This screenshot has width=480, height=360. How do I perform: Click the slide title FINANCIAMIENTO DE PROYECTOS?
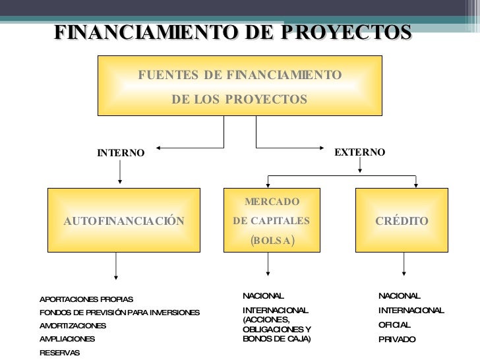232,32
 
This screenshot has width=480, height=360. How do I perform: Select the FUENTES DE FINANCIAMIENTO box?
239,86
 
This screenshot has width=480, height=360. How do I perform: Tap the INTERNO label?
121,153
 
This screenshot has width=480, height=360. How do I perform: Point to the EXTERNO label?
359,152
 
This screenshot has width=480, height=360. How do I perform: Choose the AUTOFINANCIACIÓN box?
124,221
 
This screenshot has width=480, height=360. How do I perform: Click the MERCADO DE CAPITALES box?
272,220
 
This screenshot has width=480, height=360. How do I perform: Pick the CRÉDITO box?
402,221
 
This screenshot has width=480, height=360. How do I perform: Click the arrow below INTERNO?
119,172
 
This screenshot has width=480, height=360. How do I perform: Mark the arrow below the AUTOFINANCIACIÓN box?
116,265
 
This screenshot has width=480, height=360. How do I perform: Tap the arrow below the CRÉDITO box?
404,264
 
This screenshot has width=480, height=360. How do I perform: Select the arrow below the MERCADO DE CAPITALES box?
268,264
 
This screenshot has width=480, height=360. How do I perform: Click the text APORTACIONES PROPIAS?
86,299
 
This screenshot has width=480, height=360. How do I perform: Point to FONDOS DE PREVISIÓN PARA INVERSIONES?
119,313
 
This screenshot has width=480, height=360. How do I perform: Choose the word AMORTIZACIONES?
73,326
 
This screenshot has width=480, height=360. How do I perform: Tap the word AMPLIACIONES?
67,339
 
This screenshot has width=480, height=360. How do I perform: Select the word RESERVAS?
59,353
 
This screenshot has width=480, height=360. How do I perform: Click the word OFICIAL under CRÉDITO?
394,325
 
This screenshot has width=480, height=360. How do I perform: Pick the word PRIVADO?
397,340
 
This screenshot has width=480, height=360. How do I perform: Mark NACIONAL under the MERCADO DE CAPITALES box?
263,296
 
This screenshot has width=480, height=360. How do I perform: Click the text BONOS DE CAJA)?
276,339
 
